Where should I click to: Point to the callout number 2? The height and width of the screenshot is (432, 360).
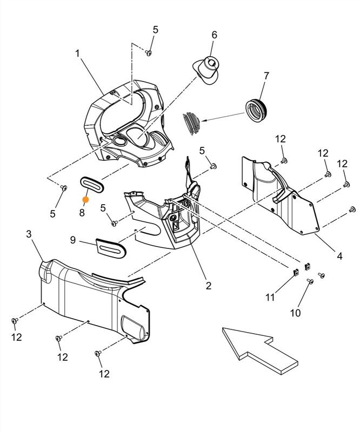(208, 286)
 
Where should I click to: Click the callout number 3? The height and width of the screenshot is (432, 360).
(29, 234)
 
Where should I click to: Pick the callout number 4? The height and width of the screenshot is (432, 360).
(339, 257)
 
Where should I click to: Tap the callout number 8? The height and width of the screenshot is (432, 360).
(82, 212)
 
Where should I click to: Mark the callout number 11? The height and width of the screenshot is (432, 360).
(270, 298)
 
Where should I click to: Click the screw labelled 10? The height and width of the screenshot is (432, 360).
(310, 281)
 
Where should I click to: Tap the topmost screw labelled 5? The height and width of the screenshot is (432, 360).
(150, 52)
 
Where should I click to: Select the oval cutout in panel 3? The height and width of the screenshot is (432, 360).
(134, 326)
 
